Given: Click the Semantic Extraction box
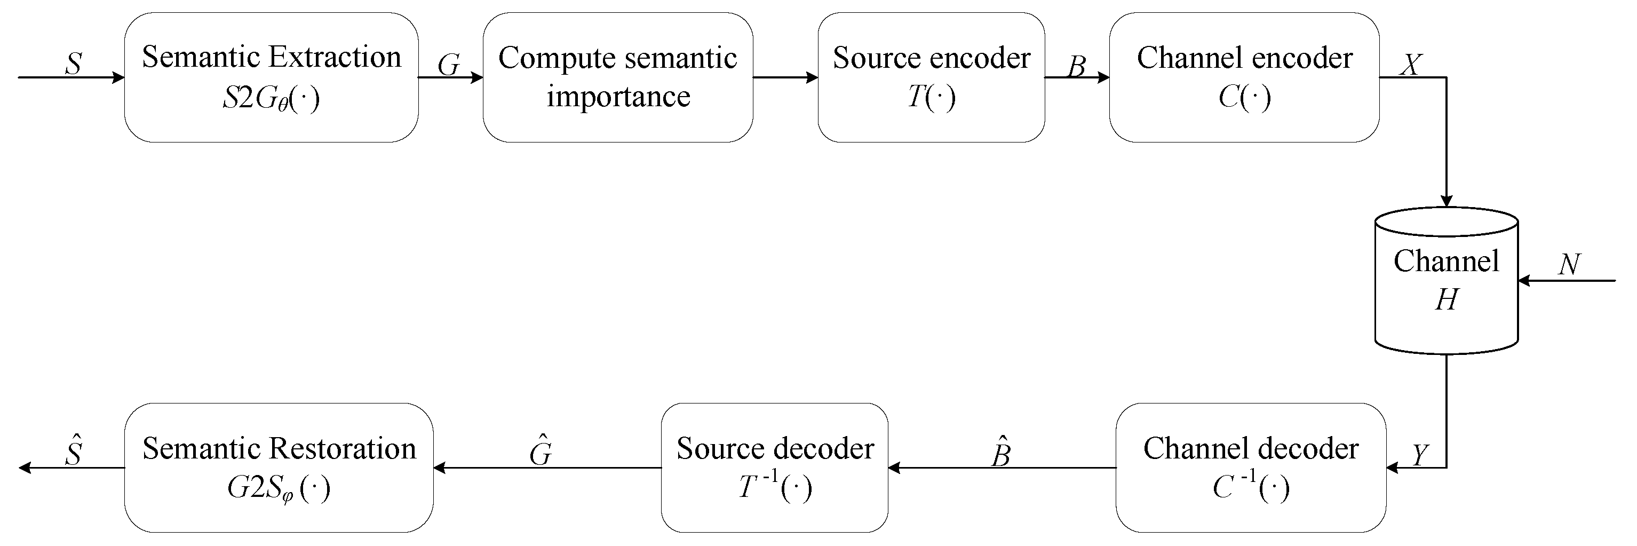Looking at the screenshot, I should tap(272, 77).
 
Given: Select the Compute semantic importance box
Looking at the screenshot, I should tap(618, 77).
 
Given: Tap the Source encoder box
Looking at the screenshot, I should tap(931, 77).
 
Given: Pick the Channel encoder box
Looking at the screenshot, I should tap(1244, 77).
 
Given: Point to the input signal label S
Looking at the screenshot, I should tap(74, 64).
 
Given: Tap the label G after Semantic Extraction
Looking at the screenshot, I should tap(449, 65).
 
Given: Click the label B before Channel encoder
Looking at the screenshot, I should tap(1076, 66).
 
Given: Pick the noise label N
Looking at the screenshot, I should tap(1570, 264).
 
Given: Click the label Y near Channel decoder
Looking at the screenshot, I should tap(1418, 455).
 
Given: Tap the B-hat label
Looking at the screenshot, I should tap(1001, 453).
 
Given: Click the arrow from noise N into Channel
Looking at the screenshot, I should tap(1566, 280).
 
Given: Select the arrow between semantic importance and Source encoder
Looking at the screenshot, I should tap(785, 77).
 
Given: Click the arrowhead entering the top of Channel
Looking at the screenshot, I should tap(1447, 201).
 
